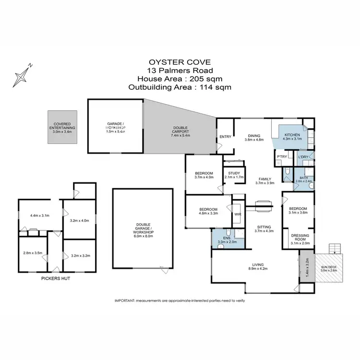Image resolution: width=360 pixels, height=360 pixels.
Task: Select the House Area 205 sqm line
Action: (180, 79)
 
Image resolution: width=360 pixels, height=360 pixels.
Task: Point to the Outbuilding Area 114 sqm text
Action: (180, 87)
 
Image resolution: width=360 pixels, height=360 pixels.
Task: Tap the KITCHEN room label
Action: (292, 135)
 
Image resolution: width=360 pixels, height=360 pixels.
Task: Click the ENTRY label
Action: (225, 137)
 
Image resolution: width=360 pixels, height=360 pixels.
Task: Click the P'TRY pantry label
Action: (281, 156)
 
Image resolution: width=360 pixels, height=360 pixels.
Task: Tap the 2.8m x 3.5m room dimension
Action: (33, 252)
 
